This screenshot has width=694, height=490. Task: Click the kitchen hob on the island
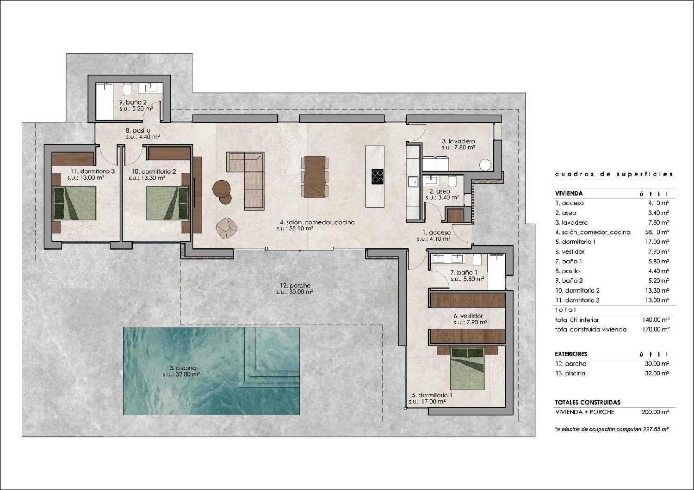pos(378,176)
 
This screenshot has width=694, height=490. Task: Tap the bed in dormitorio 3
pos(74,203)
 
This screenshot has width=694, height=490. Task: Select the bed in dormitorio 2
pos(167,203)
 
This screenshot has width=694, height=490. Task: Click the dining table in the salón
pos(315,177)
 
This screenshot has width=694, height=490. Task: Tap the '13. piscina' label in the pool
pos(181,368)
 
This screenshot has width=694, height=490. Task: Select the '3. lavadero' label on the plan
pos(458,141)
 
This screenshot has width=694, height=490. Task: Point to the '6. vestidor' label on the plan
pos(468,316)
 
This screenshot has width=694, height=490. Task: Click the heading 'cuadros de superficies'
pos(613,174)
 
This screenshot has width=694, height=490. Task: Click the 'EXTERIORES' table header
pos(571,354)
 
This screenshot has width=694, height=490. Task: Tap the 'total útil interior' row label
pos(576,320)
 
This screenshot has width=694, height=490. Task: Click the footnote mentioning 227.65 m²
pos(612,429)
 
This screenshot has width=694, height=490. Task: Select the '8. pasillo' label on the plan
pos(138,130)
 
